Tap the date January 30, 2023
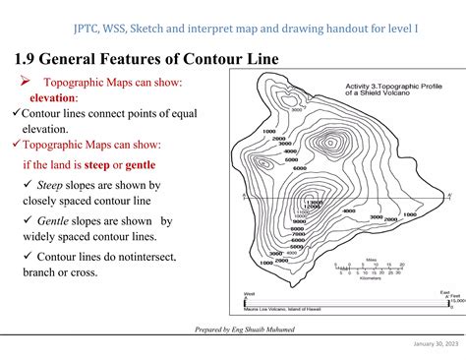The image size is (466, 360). [x=429, y=343]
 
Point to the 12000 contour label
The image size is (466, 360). [x=313, y=206]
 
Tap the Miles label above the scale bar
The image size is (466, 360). [x=372, y=260]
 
